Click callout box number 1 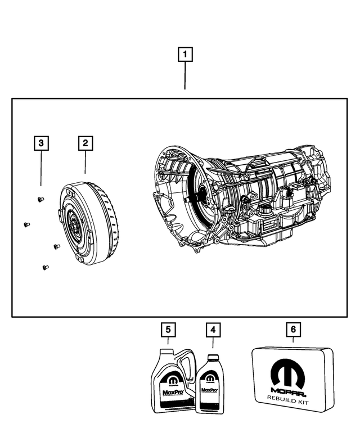tap(185, 55)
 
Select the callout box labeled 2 tap(85, 143)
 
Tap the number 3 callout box tap(40, 143)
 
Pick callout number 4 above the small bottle tap(213, 329)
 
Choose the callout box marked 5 tap(167, 329)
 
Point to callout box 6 tap(293, 329)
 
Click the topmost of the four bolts tap(40, 200)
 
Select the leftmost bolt tap(26, 225)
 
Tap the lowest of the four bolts tap(46, 268)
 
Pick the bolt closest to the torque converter tap(56, 246)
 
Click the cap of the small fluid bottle tap(212, 358)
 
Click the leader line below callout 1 tap(185, 76)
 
